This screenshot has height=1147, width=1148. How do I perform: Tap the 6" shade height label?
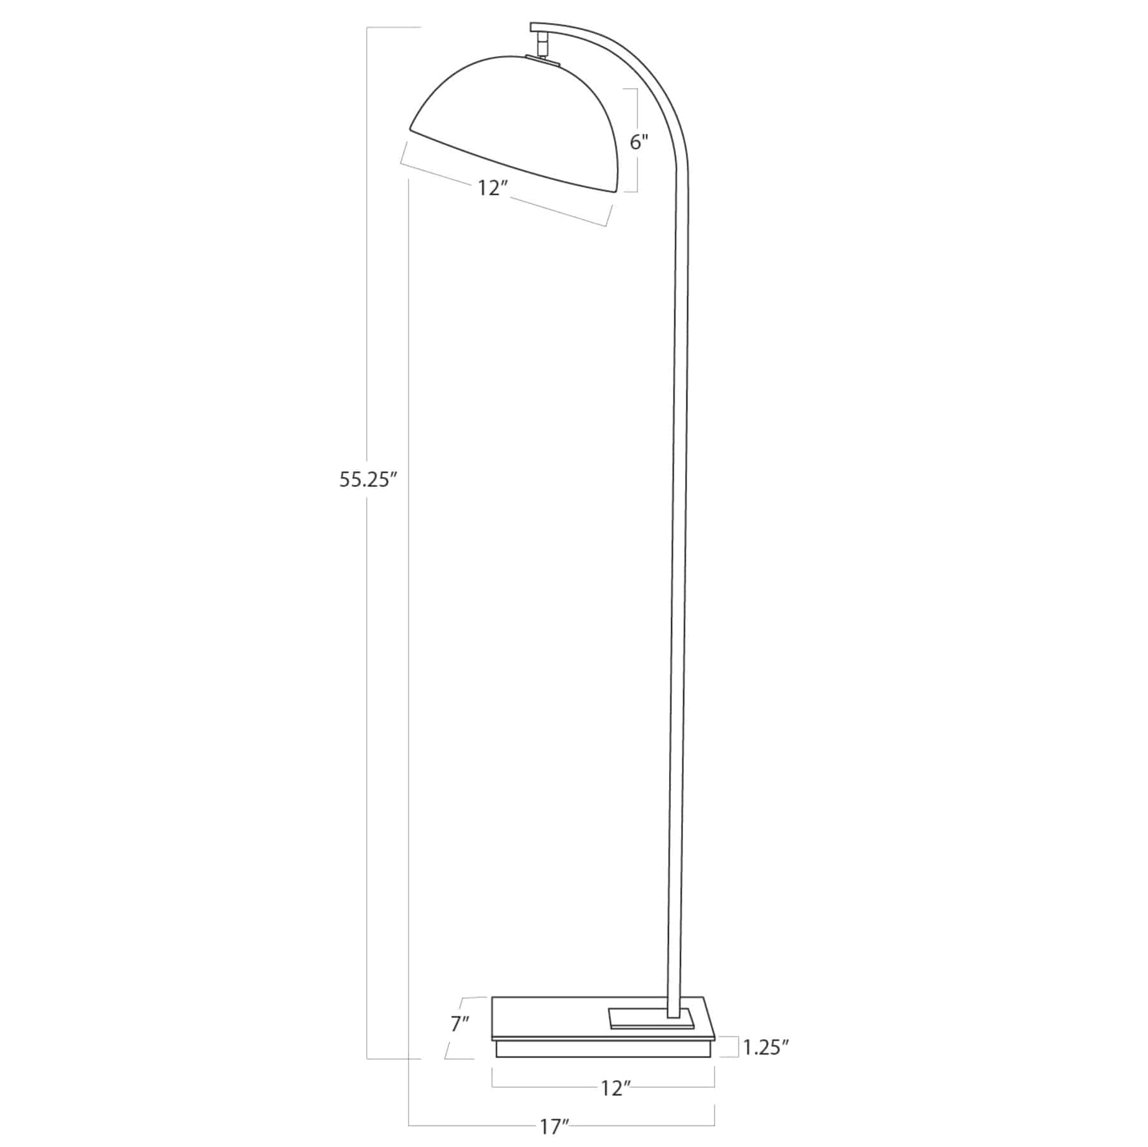[x=639, y=142]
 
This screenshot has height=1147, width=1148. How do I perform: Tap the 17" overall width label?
[x=554, y=1127]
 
